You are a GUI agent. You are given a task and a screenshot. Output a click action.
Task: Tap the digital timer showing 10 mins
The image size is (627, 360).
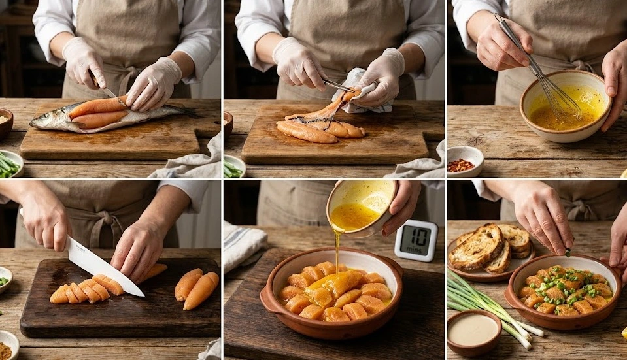point(415,240)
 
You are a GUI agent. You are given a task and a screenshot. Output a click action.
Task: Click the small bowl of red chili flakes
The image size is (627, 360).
point(465,161)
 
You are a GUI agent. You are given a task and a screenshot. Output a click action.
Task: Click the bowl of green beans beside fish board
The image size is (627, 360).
point(9,164)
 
